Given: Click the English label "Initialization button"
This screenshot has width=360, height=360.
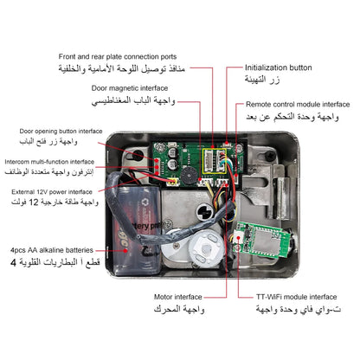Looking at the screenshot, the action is (x=279, y=67).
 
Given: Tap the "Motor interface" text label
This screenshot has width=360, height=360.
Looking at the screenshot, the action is (x=178, y=297).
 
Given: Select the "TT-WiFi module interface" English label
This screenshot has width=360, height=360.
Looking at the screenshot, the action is (x=297, y=297).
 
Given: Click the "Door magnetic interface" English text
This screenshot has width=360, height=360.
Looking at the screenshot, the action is (x=130, y=88).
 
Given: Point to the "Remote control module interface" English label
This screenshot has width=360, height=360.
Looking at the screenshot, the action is (x=298, y=105).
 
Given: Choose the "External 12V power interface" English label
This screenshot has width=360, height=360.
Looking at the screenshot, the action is (x=52, y=192).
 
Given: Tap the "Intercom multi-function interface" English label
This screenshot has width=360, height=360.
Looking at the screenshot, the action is (x=49, y=162).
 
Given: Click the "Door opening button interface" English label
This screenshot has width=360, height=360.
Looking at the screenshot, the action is (x=61, y=132).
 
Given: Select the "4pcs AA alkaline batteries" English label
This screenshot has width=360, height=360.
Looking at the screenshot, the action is (x=52, y=250).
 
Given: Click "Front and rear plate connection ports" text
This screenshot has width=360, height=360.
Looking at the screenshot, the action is (x=118, y=56).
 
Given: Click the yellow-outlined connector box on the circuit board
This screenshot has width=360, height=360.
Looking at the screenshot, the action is (x=215, y=161).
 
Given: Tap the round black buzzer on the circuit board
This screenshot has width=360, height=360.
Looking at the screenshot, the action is (x=189, y=176).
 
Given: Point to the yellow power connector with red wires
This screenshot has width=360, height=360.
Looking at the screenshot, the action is (x=172, y=182).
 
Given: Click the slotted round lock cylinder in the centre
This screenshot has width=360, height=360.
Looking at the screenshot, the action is (x=205, y=211).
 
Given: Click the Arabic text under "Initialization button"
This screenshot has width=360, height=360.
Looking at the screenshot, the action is (x=262, y=80).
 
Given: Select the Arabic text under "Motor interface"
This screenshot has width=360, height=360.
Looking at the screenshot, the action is (x=179, y=310).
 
